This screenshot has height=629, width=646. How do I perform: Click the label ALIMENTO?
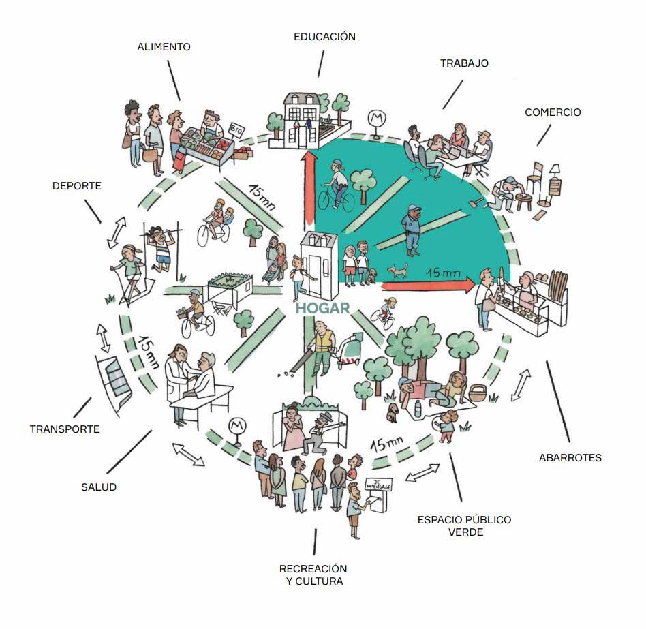(x=164, y=48)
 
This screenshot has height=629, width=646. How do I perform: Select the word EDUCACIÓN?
(x=324, y=37)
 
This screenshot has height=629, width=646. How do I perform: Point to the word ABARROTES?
(x=570, y=458)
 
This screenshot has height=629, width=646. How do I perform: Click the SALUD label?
(x=99, y=487)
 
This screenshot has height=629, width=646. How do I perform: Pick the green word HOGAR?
(x=322, y=308)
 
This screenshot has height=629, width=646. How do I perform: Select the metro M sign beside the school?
(x=376, y=119)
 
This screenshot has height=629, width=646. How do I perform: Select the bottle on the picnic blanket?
(x=418, y=408)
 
